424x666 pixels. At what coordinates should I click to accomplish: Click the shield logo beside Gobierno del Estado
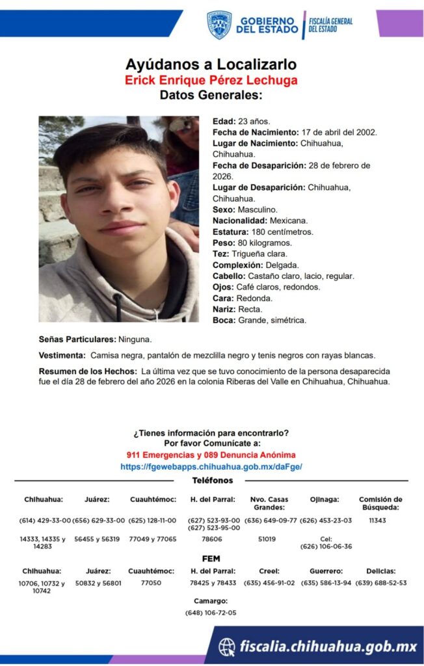[x=219, y=25]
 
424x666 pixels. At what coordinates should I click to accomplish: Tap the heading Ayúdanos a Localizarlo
[x=211, y=64]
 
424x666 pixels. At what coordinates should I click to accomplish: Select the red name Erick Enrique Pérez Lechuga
[x=211, y=80]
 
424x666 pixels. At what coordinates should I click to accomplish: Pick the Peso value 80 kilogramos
[x=265, y=243]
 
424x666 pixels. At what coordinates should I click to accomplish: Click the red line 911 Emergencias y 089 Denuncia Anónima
[x=211, y=455]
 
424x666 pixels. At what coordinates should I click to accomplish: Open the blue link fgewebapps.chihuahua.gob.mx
[x=211, y=466]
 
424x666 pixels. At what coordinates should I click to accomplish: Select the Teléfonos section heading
[x=212, y=480]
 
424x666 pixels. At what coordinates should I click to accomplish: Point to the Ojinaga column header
[x=326, y=499]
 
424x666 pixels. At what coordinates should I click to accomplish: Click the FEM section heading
[x=211, y=558]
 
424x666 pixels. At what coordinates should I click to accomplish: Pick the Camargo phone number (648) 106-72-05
[x=211, y=613]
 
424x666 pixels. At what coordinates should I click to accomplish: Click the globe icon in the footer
[x=227, y=646]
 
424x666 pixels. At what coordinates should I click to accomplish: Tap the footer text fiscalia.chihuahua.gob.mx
[x=327, y=646]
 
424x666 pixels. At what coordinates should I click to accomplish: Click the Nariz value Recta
[x=250, y=309]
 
